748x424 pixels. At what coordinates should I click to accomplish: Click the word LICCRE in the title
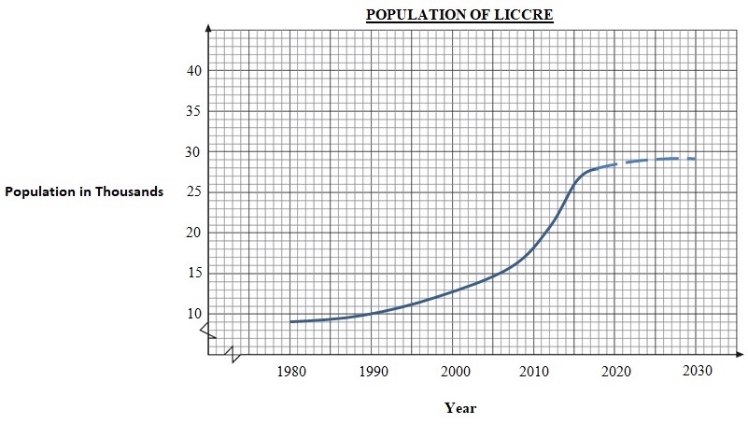pos(523,16)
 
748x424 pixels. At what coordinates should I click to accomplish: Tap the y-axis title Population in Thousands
pos(84,191)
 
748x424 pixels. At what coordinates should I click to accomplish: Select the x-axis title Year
pos(460,407)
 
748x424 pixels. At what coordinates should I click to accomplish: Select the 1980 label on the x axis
pos(290,372)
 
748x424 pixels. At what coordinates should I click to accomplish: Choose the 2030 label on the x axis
pos(696,372)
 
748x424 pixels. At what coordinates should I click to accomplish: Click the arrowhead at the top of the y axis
pos(209,27)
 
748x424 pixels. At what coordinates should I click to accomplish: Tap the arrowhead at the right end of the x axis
pos(739,355)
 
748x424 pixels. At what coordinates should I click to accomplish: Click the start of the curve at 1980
pos(291,321)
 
